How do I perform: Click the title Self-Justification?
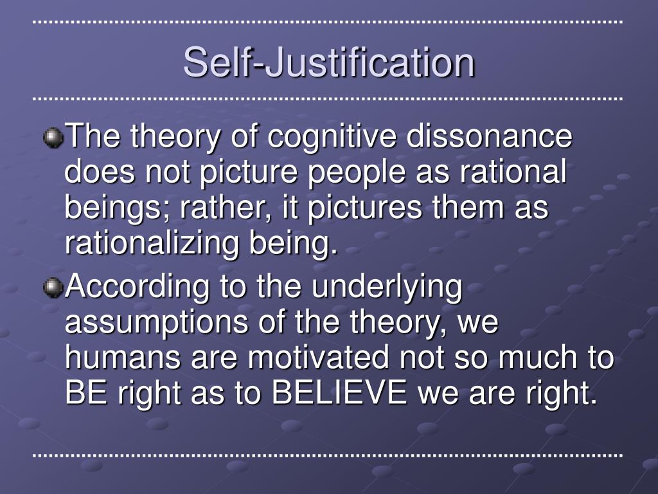coord(329,62)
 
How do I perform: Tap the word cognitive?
coord(332,138)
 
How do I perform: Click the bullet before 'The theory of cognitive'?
coord(53,138)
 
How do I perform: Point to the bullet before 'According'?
coord(53,288)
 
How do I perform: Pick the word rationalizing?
coord(152,244)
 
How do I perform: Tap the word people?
coord(357,173)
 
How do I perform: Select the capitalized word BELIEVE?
coord(339,392)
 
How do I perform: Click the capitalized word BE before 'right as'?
coord(86,392)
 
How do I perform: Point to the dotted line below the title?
coord(327,98)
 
